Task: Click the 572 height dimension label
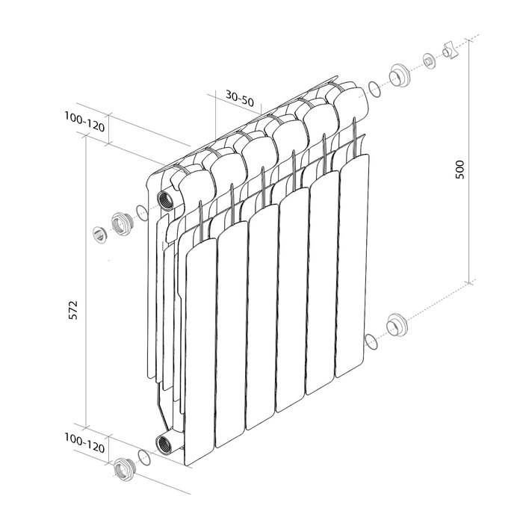point(73,310)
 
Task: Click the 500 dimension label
point(459,170)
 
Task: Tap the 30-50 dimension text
point(240,98)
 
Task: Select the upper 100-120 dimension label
point(84,122)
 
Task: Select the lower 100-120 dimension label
point(84,443)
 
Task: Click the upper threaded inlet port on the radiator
point(165,199)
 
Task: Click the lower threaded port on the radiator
point(164,444)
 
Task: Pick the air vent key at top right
point(451,50)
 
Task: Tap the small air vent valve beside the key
point(429,61)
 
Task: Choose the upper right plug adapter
point(399,76)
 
